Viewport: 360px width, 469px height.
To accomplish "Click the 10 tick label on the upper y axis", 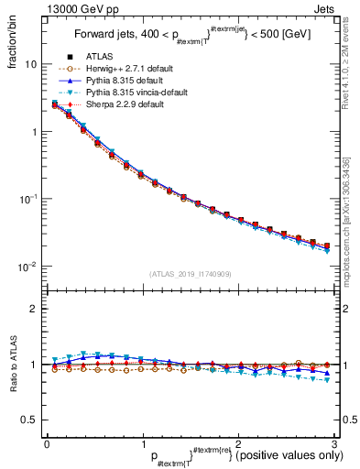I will [30, 65].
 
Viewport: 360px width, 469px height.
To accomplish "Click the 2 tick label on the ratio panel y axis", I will [34, 309].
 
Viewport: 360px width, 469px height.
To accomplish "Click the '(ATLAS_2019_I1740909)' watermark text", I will [190, 275].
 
